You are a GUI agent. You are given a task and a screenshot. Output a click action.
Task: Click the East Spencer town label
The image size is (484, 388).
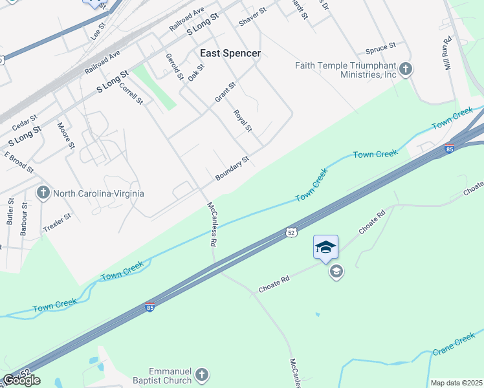pos(230,53)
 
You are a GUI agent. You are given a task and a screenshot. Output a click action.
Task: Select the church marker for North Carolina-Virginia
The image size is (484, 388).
pos(43,193)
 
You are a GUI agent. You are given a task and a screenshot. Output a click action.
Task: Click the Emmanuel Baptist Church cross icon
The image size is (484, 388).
pos(202,375)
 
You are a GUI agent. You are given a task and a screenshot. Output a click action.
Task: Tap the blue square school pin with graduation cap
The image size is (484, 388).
pos(325,247)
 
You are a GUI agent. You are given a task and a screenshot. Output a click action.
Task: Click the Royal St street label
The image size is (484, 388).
pos(243,120)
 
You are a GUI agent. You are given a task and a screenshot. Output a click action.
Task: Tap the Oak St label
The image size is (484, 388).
pos(196,72)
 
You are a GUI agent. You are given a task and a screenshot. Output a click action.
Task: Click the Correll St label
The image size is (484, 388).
pos(131,92)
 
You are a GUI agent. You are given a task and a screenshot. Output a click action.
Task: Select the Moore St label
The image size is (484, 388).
pos(63,136)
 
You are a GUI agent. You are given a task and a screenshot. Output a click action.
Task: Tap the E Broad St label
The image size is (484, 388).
pos(19,162)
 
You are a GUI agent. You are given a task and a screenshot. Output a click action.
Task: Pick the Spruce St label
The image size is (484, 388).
pos(380,48)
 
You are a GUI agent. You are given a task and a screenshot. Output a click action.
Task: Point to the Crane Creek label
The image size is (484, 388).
pos(454,343)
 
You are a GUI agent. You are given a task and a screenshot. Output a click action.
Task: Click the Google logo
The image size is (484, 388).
pos(21,380)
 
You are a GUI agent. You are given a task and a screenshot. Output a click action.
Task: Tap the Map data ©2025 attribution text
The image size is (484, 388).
pos(456,383)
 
